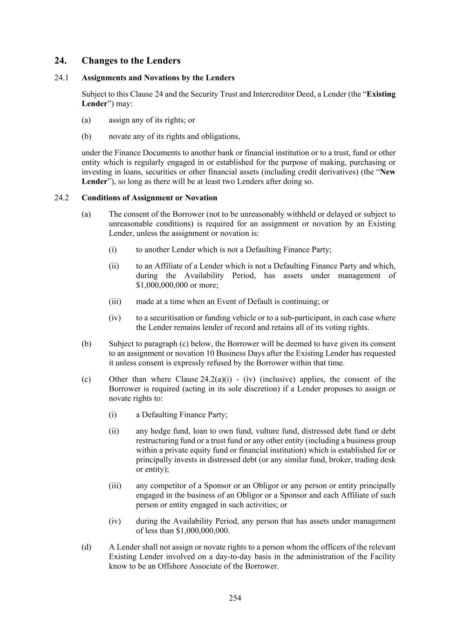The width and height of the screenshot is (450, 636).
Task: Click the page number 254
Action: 235,598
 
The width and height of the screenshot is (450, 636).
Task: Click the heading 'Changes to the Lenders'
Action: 131,61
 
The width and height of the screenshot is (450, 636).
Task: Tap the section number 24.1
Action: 61,78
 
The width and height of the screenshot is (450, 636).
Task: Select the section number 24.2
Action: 61,198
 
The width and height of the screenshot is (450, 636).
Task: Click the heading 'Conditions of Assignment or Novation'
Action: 149,198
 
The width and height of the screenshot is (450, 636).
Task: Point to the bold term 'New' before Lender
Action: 388,172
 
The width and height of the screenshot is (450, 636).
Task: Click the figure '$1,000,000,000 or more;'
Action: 177,285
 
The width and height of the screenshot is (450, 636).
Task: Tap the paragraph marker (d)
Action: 86,547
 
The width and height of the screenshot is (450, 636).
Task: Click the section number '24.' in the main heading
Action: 60,61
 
